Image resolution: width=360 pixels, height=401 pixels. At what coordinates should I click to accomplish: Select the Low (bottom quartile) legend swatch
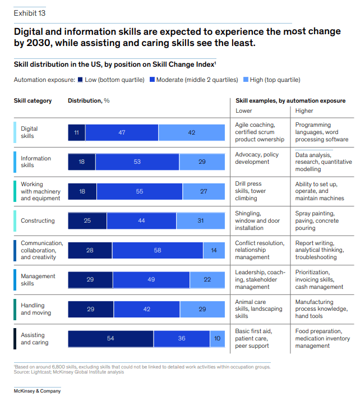[81, 80]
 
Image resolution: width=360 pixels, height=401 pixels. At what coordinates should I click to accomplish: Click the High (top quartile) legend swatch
[246, 80]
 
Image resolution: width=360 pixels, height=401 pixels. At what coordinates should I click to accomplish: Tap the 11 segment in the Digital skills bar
[76, 132]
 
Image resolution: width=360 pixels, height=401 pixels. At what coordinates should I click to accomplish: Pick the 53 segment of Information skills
[137, 162]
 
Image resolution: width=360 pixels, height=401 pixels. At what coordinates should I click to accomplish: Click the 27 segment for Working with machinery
[204, 191]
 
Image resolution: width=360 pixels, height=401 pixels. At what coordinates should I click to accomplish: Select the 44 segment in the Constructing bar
[141, 220]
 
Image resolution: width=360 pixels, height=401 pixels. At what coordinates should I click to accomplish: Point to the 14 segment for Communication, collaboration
[214, 250]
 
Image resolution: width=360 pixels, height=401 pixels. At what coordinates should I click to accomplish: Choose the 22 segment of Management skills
[207, 279]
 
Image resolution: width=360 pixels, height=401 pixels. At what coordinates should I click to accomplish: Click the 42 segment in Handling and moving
[147, 309]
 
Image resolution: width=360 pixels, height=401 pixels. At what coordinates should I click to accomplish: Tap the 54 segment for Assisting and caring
[110, 339]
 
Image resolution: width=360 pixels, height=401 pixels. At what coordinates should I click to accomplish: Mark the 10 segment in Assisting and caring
[218, 339]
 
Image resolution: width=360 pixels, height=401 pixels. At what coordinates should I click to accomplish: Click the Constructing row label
[38, 220]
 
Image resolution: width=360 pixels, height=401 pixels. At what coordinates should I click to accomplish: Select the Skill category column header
[33, 101]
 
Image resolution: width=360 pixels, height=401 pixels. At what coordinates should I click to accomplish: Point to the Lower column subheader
[244, 110]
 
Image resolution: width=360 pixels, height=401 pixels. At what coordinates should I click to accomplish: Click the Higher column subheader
[304, 110]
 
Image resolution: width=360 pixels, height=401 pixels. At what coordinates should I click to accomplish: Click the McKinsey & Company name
[37, 391]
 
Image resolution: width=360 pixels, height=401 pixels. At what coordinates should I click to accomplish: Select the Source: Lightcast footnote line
[69, 372]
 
